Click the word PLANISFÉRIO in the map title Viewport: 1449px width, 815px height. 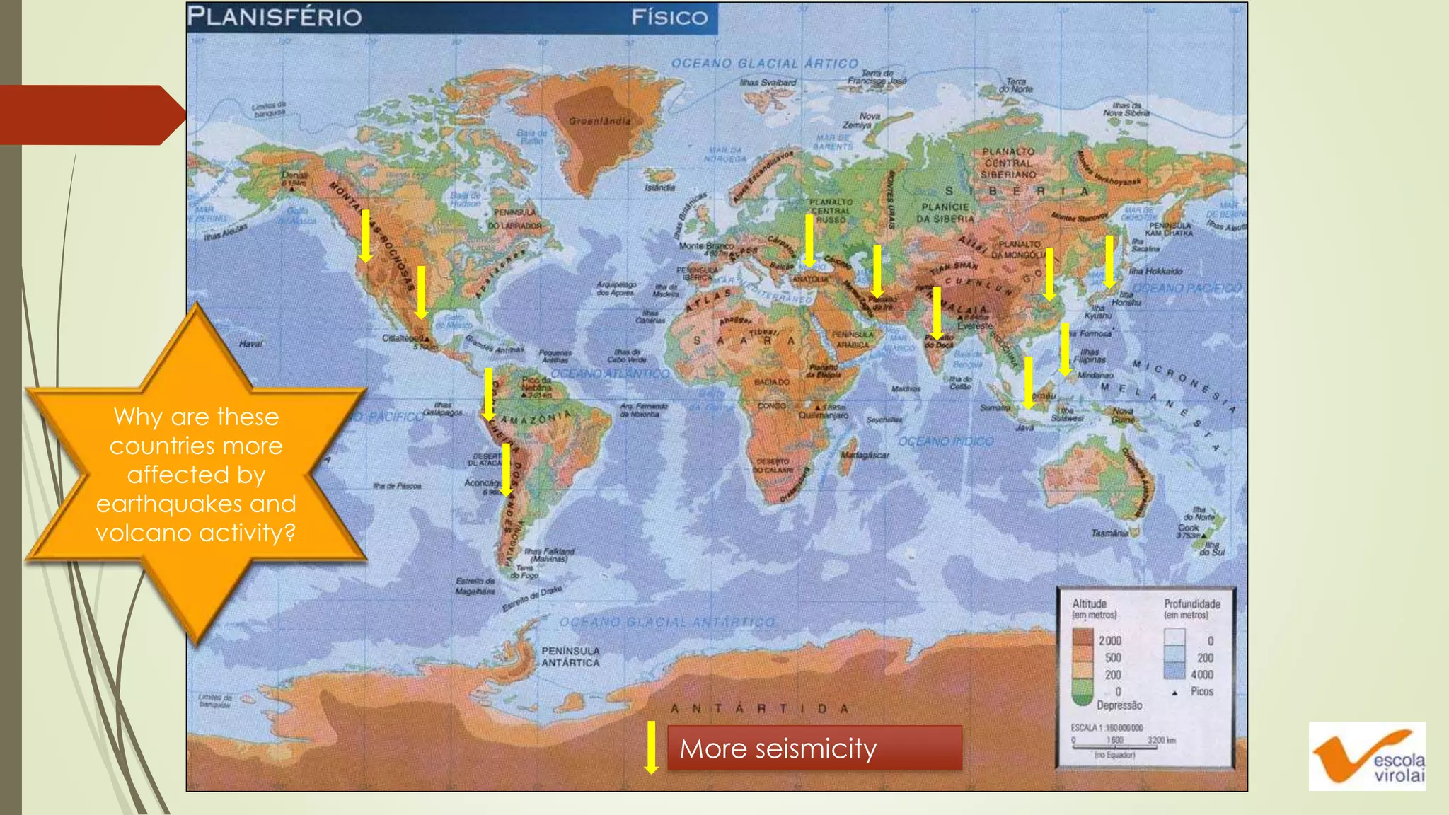point(275,17)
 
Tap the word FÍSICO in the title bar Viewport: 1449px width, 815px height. point(669,18)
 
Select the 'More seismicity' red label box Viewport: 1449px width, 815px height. point(814,748)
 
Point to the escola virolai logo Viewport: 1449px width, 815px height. point(1367,756)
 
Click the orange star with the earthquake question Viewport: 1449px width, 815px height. point(196,474)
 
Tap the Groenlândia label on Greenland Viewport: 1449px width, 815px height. point(599,121)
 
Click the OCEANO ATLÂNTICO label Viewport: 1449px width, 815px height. point(610,373)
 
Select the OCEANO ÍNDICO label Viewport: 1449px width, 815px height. point(946,441)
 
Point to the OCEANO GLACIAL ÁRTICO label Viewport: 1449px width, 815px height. point(764,64)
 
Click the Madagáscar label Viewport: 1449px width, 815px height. point(865,455)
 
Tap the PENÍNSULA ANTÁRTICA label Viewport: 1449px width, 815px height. point(570,657)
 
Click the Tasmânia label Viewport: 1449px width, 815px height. point(1109,533)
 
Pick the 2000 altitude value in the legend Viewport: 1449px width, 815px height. point(1110,640)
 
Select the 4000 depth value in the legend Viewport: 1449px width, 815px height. point(1201,675)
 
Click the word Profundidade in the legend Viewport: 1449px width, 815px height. point(1192,603)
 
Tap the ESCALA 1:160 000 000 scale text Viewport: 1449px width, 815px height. point(1107,727)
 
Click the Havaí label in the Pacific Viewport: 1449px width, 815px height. point(250,344)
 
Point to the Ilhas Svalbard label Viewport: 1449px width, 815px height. point(768,83)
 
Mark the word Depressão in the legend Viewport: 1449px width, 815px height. point(1119,705)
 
